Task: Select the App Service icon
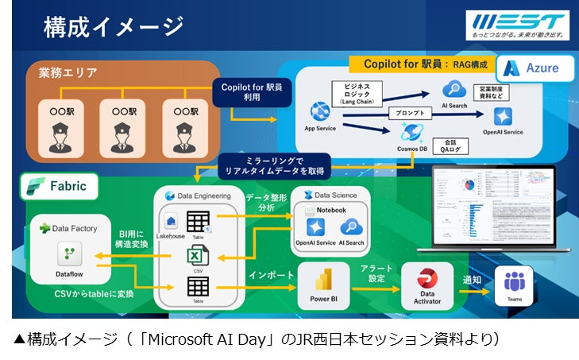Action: [320, 110]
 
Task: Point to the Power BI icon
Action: [323, 282]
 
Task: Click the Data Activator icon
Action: [427, 280]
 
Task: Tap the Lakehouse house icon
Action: [170, 222]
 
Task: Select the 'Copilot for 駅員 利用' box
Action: [246, 91]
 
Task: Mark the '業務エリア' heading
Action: [68, 73]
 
